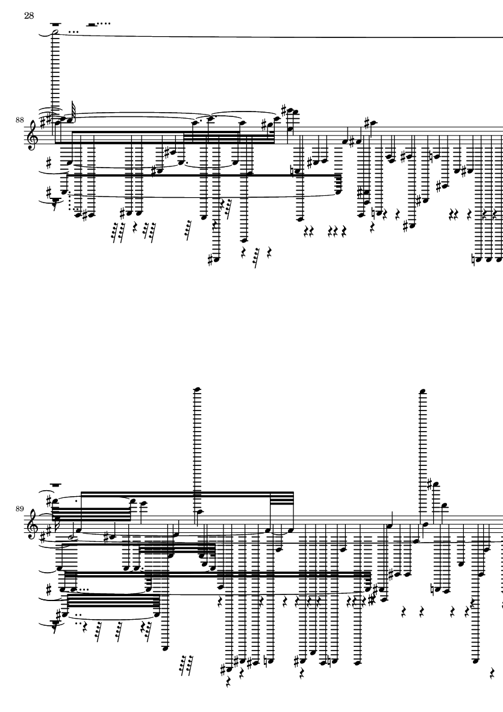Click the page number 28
click(x=28, y=15)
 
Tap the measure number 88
click(x=20, y=120)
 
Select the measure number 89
click(x=20, y=508)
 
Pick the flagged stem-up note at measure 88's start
click(x=70, y=119)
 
